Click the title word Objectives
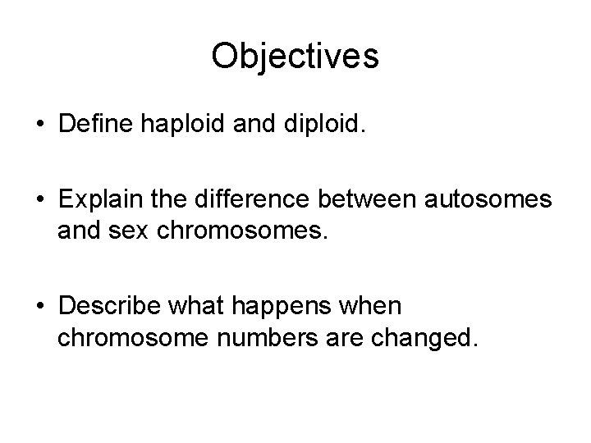tap(295, 56)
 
